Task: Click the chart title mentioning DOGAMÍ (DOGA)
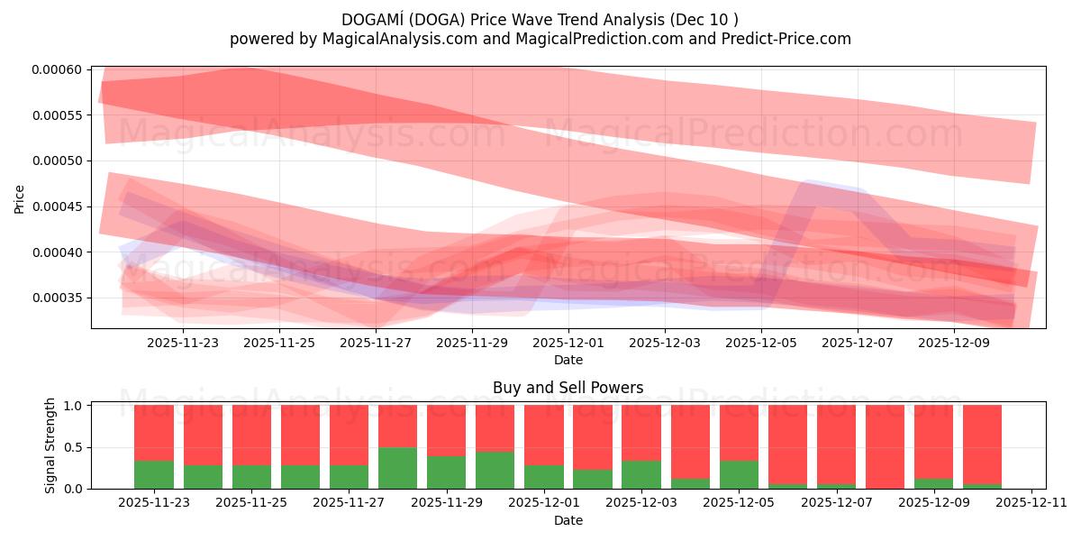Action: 540,19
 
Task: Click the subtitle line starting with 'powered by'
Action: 540,39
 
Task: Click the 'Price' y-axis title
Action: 20,198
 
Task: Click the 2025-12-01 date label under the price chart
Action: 568,343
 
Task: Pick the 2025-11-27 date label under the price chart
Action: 375,343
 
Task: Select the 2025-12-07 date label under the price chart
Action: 857,343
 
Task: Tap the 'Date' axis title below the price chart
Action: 568,360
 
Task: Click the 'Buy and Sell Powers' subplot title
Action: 568,388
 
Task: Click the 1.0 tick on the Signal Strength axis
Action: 75,406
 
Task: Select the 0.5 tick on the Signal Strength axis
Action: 75,447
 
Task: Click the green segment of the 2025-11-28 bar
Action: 397,468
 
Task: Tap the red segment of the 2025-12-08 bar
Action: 885,445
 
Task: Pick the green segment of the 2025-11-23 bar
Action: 154,474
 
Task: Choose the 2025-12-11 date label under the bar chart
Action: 1030,503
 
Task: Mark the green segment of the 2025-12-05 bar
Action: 739,474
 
